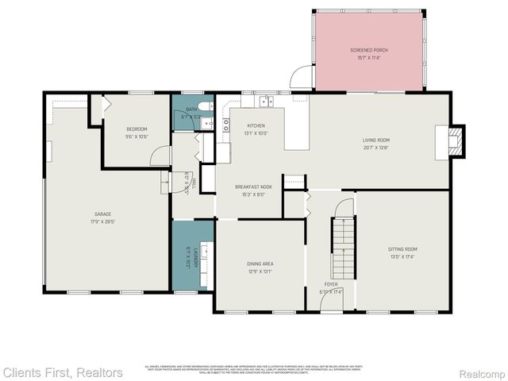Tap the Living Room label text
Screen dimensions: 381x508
tap(376, 140)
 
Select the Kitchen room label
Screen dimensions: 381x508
tap(256, 125)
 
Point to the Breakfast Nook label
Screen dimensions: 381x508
tap(249, 187)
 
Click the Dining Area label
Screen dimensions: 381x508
tap(260, 264)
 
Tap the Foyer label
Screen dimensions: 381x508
tap(330, 283)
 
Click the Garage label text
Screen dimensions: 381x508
tap(102, 214)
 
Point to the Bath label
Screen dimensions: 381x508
tap(191, 110)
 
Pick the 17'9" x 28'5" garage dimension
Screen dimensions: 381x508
tap(102, 221)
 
